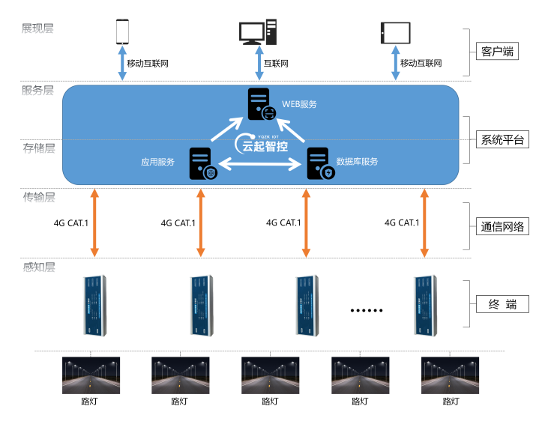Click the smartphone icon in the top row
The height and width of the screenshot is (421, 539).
click(123, 31)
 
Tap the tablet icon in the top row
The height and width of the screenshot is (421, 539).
click(396, 32)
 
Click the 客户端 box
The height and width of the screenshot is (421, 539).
click(497, 52)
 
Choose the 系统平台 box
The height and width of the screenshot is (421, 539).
click(502, 140)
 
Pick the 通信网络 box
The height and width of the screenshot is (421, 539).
click(502, 227)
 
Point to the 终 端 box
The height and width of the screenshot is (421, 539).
click(502, 304)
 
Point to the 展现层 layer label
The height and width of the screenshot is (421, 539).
click(37, 28)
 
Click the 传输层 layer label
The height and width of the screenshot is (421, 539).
click(39, 198)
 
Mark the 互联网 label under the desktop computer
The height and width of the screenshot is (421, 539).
click(276, 64)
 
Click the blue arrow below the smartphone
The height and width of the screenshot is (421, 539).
click(123, 64)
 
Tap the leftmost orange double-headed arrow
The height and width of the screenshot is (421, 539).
click(94, 222)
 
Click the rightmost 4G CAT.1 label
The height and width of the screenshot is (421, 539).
click(401, 222)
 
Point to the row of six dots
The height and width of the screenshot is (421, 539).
click(367, 309)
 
